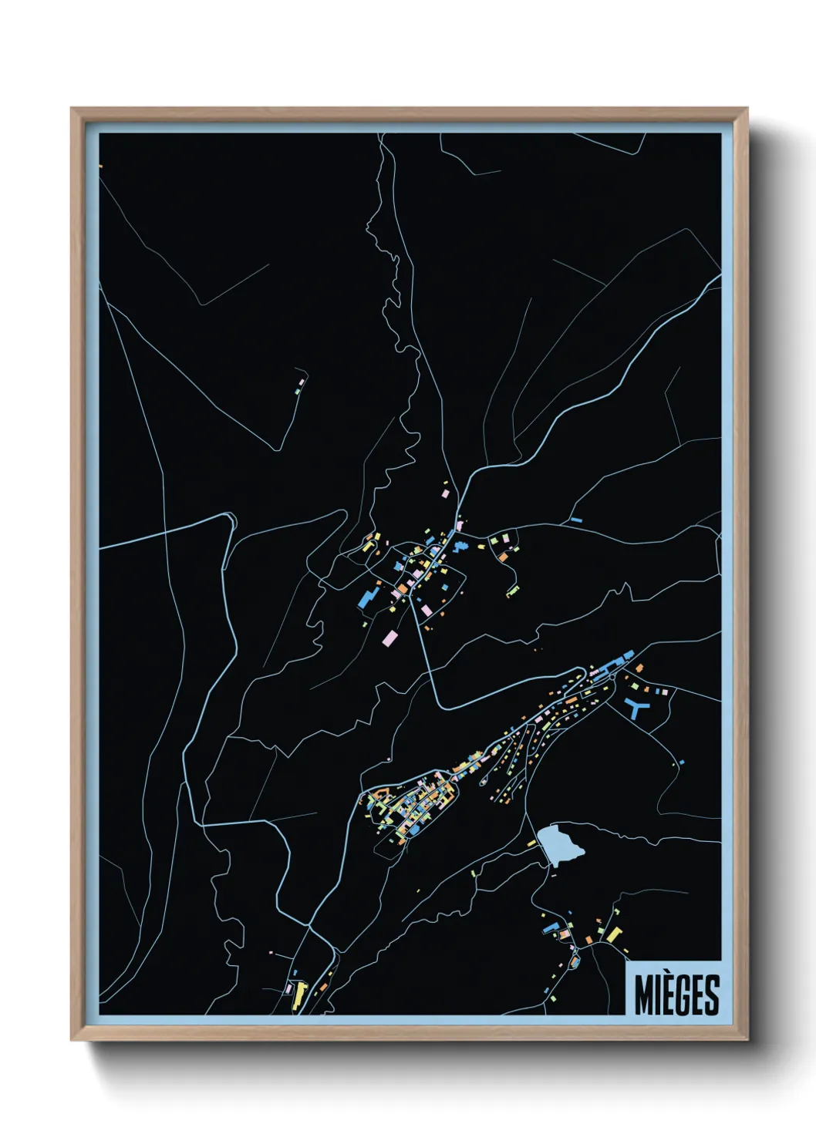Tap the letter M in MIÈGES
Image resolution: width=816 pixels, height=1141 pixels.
644,995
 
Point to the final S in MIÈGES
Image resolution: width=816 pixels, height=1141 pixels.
711,995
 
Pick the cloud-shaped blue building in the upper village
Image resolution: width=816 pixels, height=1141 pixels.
460,547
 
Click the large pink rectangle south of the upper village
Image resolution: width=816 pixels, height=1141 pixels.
391,638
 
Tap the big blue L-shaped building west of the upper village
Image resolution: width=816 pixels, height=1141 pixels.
368,597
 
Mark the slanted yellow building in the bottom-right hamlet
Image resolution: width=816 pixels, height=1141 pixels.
613,935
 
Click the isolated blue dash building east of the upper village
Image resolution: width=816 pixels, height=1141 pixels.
575,520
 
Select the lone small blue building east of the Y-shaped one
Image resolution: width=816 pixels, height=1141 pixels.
682,762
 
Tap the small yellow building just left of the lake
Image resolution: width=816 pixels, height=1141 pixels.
531,843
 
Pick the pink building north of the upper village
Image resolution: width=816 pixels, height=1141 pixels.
444,490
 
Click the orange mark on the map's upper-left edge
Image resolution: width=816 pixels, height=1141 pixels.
100,165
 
